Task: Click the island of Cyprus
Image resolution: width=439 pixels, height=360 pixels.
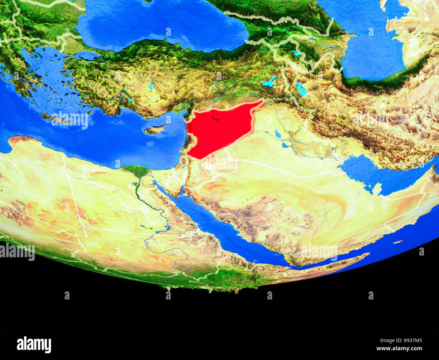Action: (156, 129)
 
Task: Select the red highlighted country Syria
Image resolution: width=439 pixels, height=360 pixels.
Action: (219, 130)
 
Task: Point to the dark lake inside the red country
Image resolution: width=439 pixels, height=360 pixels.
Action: (214, 118)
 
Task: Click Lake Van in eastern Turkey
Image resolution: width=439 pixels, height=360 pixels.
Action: (270, 82)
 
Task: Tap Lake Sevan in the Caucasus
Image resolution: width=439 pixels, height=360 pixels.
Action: (296, 53)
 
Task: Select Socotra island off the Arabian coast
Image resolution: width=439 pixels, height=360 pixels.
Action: (398, 242)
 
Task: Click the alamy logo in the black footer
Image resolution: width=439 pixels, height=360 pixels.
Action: (34, 345)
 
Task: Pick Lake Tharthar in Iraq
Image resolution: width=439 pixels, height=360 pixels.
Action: (278, 134)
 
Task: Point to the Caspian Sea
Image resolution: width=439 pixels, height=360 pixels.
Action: (371, 44)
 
